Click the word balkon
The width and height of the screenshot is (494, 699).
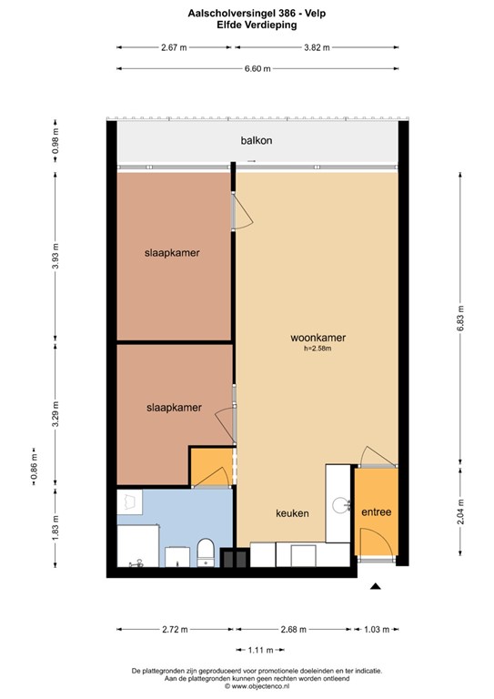coord(257,141)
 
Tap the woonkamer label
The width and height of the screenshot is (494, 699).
coord(317,338)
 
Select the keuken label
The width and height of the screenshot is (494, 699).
coord(292,513)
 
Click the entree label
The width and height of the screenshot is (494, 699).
coord(376,512)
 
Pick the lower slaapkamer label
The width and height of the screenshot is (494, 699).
coord(174,408)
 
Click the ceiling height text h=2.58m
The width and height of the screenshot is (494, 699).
coord(318,349)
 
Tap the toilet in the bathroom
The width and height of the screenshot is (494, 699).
coord(205,552)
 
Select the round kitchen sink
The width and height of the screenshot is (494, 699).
coord(340,502)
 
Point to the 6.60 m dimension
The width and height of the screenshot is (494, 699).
coord(257,68)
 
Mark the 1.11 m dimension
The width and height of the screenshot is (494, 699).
coord(261,649)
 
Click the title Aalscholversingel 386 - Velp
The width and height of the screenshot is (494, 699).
coord(247,15)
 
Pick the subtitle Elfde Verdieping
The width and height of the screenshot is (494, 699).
coord(247,25)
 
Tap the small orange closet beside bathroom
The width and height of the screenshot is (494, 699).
coord(207,467)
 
